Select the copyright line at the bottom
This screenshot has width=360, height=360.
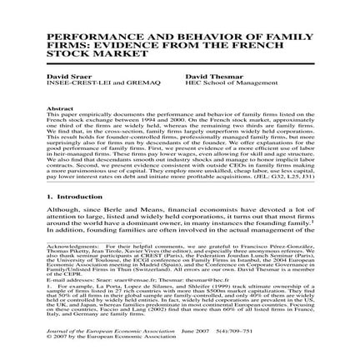[92, 338]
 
